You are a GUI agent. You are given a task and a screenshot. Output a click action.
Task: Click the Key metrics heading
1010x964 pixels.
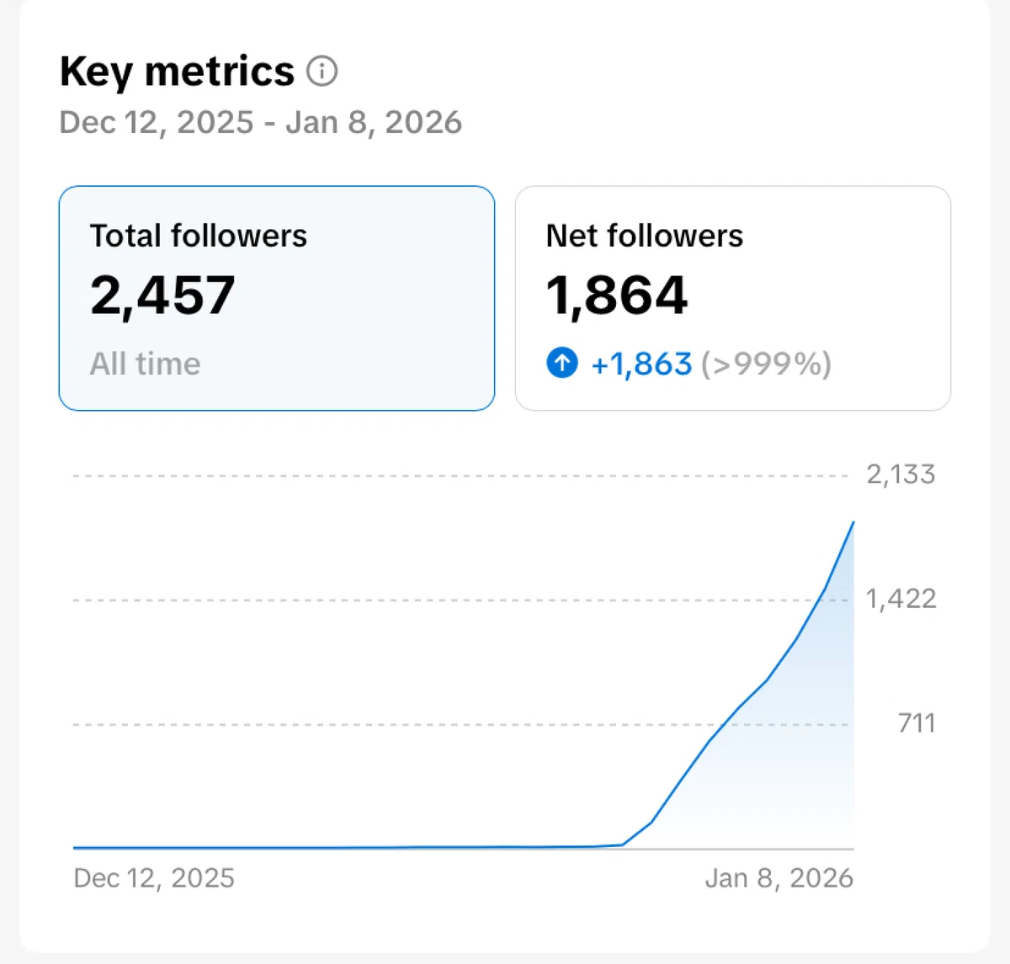(178, 72)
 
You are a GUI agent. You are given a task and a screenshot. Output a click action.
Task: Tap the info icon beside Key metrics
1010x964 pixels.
(322, 71)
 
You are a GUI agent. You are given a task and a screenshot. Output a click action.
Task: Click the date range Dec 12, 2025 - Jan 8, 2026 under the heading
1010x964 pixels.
(260, 123)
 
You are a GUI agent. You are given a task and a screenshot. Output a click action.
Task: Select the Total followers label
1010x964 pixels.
(199, 236)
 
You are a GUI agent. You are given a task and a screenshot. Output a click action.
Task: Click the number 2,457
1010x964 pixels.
(162, 295)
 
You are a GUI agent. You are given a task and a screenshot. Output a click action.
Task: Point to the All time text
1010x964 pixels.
(146, 364)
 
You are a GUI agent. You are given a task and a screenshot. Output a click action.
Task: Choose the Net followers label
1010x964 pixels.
(644, 236)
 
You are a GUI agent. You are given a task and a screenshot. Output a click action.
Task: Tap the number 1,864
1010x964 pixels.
(616, 295)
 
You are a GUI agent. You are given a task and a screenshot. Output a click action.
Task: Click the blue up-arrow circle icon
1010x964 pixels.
(562, 363)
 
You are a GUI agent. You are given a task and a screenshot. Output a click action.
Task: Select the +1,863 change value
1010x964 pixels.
(641, 364)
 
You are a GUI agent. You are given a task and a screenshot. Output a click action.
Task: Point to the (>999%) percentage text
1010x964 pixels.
(766, 364)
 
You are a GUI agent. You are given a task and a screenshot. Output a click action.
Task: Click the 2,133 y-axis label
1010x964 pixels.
(901, 474)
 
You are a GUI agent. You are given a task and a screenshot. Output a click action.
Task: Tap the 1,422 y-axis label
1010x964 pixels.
(901, 599)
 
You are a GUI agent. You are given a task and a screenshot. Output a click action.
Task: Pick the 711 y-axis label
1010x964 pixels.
(916, 723)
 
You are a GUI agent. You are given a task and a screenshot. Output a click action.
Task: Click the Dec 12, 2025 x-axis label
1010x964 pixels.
(154, 877)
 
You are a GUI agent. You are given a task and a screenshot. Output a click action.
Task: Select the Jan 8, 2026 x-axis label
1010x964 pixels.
(779, 877)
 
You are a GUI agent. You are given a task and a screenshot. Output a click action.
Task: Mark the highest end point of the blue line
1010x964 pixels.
(853, 522)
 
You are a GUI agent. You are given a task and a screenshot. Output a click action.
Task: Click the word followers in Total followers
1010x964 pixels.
(239, 236)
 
